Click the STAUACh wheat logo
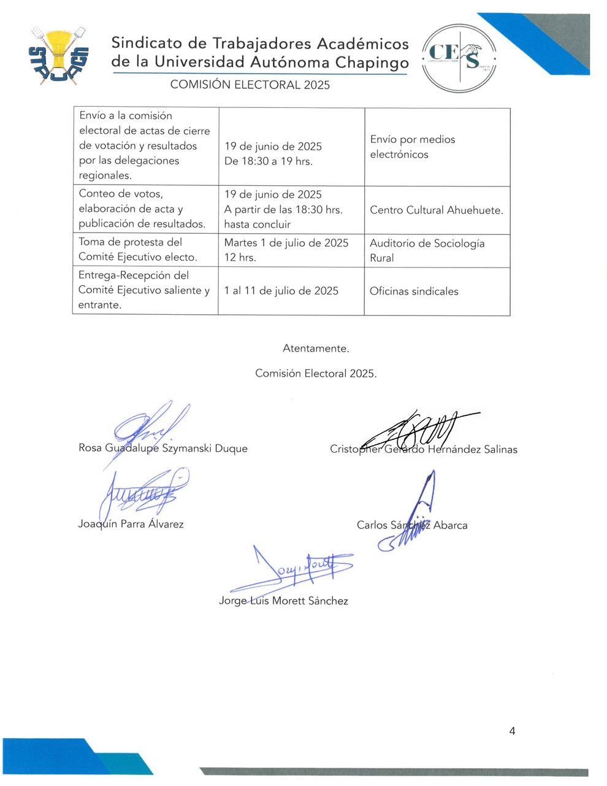click(x=59, y=56)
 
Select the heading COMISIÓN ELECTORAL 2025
click(x=250, y=85)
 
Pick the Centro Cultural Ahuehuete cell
click(x=437, y=210)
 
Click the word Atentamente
click(x=316, y=349)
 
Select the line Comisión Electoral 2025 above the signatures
click(x=316, y=373)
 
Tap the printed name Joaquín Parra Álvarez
click(x=131, y=524)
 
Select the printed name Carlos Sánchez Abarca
click(x=412, y=525)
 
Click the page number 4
click(x=512, y=731)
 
